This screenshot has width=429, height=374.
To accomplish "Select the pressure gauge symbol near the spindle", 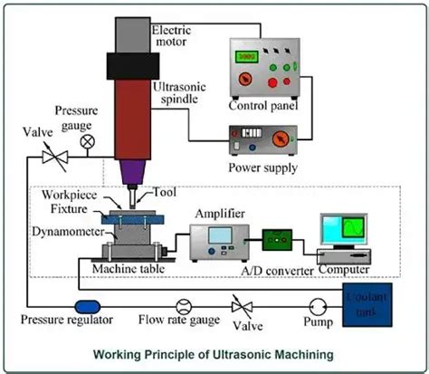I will point(87,142).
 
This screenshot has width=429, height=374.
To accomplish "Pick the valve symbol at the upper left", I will point(52,157).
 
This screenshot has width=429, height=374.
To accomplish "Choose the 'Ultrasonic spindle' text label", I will point(180,90).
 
